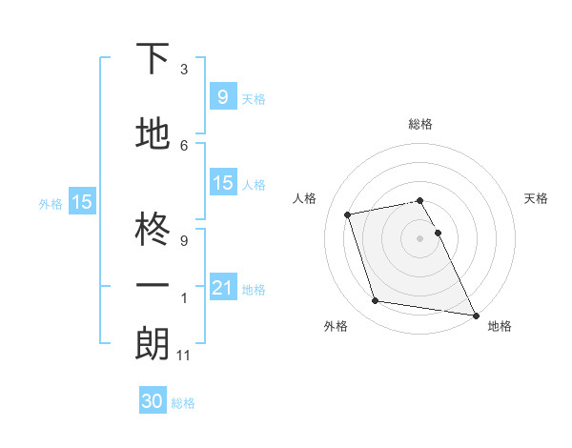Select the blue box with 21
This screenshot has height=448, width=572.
(x=222, y=287)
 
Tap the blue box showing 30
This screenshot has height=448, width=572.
(x=153, y=401)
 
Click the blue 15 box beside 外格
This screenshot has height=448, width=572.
(x=82, y=201)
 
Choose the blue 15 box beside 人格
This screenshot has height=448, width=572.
(x=222, y=183)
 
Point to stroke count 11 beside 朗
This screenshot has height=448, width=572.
(x=184, y=356)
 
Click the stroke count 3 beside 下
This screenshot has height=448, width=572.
(x=184, y=70)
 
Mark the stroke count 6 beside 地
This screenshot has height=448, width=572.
(x=184, y=145)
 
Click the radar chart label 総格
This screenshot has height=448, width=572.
(x=420, y=124)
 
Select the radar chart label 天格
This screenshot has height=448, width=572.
(x=536, y=198)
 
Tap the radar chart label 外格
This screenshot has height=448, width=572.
(x=336, y=326)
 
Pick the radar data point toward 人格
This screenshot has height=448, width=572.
(x=348, y=214)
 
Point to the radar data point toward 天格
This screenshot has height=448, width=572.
(x=439, y=233)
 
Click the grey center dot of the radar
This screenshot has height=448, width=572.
(x=420, y=238)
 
